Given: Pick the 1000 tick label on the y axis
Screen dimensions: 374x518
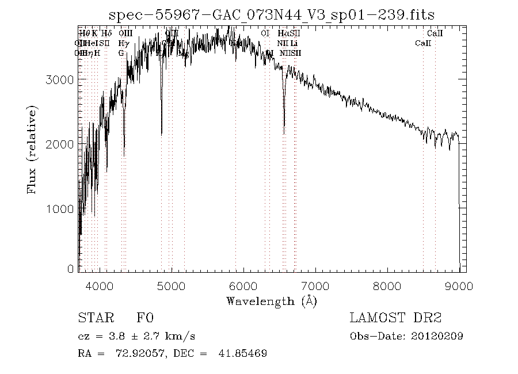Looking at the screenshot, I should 58,209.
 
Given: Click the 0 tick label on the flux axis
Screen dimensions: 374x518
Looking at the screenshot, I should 70,269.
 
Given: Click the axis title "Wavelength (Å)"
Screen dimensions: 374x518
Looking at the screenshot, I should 272,300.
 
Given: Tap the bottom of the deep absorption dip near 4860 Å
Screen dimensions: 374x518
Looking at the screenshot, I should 162,134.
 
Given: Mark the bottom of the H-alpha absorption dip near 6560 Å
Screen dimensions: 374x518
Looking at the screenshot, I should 284,133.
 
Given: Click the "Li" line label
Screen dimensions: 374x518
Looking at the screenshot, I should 294,43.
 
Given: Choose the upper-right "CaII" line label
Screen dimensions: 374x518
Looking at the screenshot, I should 435,34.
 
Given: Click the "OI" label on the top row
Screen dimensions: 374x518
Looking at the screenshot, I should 265,34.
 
